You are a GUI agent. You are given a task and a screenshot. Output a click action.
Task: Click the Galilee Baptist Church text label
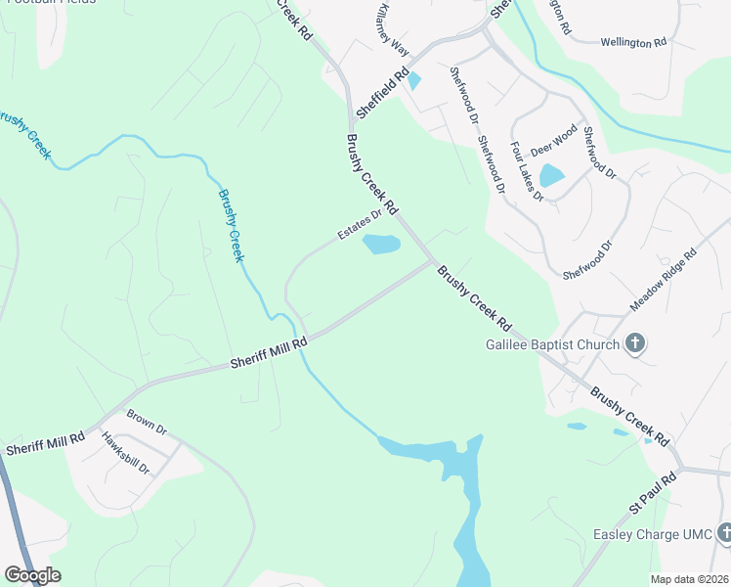(x=553, y=344)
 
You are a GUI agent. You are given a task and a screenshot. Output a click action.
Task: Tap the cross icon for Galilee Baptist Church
(x=635, y=343)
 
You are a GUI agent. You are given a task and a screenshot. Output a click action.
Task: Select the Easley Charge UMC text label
(x=653, y=534)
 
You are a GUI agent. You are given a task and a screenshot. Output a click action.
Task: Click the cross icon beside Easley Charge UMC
(x=724, y=533)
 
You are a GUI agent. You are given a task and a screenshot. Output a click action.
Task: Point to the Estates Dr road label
(x=359, y=226)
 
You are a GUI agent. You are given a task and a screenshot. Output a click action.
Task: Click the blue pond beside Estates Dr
(x=381, y=245)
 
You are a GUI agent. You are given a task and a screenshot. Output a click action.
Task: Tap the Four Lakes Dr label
(x=527, y=172)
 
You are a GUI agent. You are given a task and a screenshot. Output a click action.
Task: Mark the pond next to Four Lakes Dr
(x=551, y=176)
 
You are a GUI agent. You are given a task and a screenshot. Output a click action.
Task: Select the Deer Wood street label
(x=554, y=140)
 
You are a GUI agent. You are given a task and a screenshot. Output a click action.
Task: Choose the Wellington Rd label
(x=632, y=43)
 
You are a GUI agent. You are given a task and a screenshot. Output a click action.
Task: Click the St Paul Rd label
(x=652, y=494)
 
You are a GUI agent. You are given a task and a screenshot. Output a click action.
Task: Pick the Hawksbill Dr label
(x=125, y=453)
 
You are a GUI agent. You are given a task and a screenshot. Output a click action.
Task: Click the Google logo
(x=33, y=574)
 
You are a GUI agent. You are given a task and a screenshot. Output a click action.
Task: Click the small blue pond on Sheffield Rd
(x=414, y=80)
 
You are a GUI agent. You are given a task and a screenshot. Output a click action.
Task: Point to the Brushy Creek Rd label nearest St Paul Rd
(x=629, y=415)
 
